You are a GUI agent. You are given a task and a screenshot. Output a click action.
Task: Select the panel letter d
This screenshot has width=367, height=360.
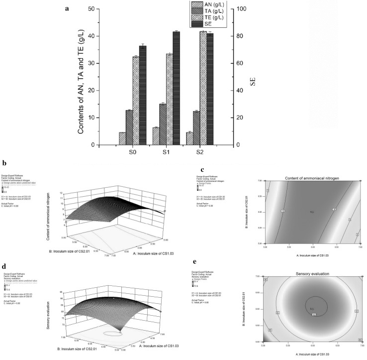4,256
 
